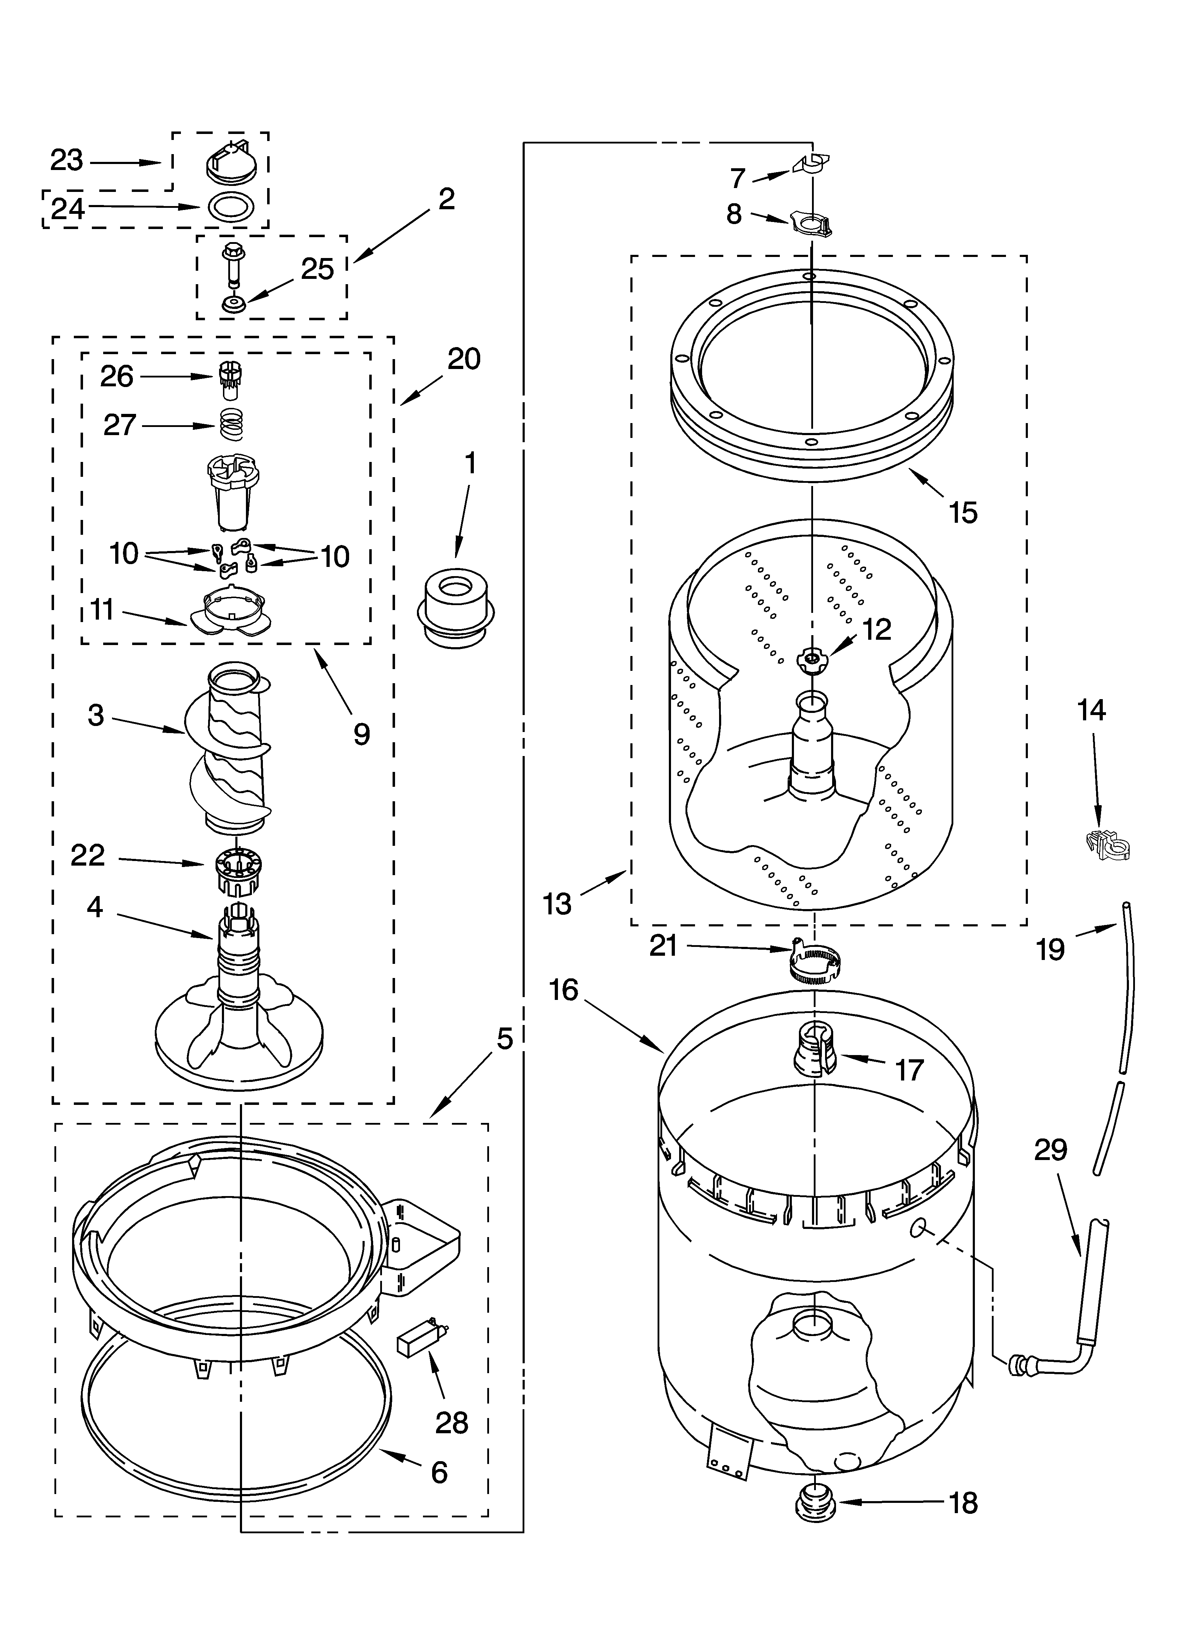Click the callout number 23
coord(66,160)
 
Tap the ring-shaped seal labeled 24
coord(230,207)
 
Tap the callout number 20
coord(463,358)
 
